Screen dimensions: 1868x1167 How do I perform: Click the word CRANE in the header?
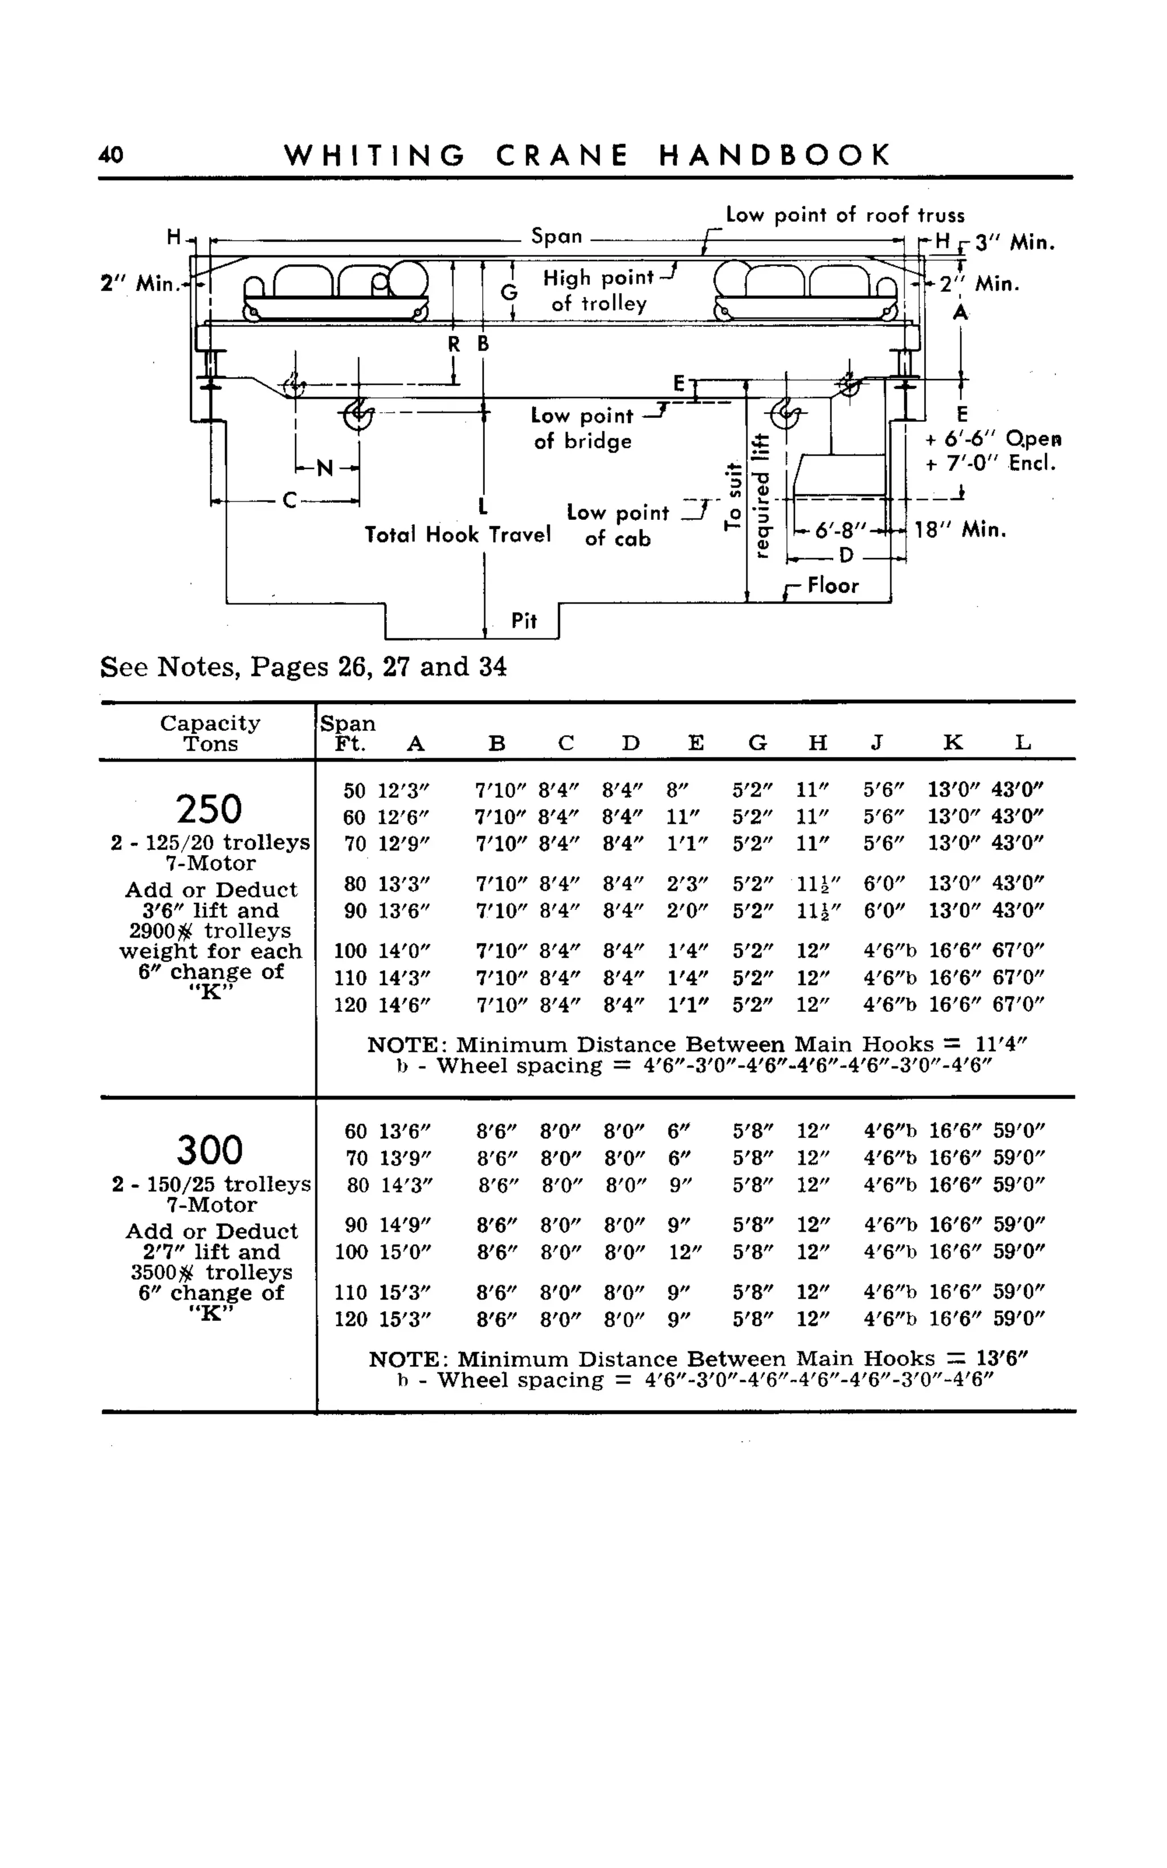562,156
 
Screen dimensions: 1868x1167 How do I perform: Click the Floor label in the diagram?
833,586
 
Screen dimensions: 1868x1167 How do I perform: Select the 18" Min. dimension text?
960,530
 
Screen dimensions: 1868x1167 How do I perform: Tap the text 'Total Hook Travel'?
458,534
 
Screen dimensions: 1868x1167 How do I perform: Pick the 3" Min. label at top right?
1014,243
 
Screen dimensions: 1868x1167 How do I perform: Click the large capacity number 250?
209,809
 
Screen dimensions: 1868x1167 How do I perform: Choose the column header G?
757,743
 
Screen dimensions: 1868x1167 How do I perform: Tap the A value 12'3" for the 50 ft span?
403,791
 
